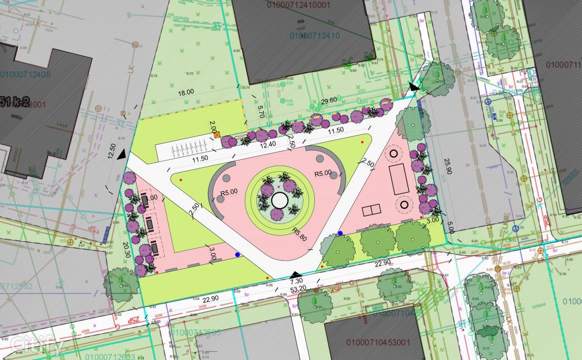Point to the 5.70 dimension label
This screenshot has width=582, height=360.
click(x=261, y=111)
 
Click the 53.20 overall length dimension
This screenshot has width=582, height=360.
click(x=298, y=289)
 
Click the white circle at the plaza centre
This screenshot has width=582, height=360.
click(x=279, y=200)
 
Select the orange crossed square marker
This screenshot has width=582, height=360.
click(x=218, y=135)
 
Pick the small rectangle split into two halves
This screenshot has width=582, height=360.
click(x=373, y=210)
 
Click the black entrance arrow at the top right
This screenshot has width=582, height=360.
click(x=414, y=87)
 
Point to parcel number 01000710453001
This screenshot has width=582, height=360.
click(x=373, y=343)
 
